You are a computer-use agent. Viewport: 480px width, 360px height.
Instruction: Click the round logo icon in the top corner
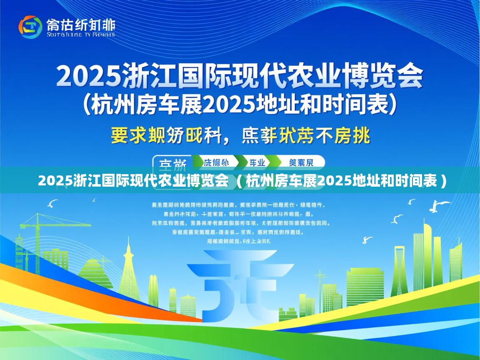coord(30,27)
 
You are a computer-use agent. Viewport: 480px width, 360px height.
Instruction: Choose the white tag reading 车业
coord(257,162)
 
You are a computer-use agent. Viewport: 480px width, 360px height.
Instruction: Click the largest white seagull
coord(441,205)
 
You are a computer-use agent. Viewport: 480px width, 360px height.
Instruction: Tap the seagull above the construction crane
coord(53,204)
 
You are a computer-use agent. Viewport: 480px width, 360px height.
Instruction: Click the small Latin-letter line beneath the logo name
coord(81,34)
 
